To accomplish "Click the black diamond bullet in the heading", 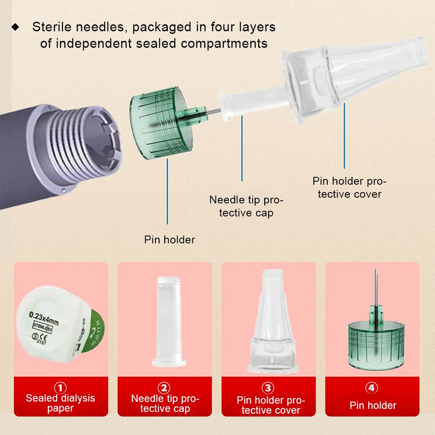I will pos(16,27).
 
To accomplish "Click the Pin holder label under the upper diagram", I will pos(169,239).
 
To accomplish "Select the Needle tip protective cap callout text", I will pos(246,206).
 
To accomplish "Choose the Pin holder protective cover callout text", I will pos(349,188).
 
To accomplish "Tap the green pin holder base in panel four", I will pos(372,343).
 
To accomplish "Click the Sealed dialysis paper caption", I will pos(60,403).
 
